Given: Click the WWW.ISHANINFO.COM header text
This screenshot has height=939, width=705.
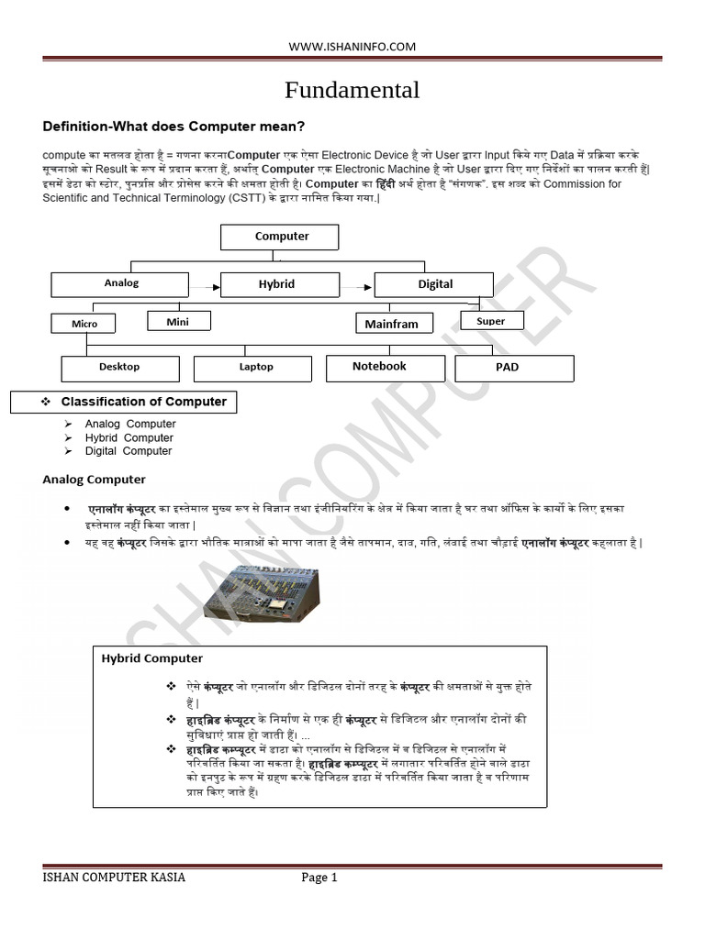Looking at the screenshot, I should coord(352,46).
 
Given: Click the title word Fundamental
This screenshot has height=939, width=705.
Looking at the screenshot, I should coord(352,90).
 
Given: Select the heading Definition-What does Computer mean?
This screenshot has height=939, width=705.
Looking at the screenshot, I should coord(174,126).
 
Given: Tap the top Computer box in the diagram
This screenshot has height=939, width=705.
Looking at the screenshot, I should coord(280,237).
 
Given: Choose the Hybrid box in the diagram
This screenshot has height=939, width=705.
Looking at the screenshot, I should coord(275,284).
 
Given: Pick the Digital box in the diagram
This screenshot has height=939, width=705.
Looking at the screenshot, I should coord(435,284).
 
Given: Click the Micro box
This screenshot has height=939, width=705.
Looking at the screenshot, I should coord(84,323).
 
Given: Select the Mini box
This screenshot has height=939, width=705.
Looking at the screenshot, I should coord(178,321).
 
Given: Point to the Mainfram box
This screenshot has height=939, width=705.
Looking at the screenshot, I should coord(391,324).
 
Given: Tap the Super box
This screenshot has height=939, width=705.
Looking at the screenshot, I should coord(491,321).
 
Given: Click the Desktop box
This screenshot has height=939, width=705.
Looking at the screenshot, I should coord(119,368).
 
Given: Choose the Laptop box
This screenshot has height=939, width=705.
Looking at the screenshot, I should coord(256,368).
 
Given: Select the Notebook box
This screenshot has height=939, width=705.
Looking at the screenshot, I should coord(379,367).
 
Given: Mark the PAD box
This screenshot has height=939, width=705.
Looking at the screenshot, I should coord(514,368).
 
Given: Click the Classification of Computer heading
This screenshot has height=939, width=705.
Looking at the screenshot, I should coord(143,402).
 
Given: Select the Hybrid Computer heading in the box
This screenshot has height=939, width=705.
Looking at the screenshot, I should coord(152,658).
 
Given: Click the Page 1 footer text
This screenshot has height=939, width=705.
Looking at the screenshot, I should coord(319,878).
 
